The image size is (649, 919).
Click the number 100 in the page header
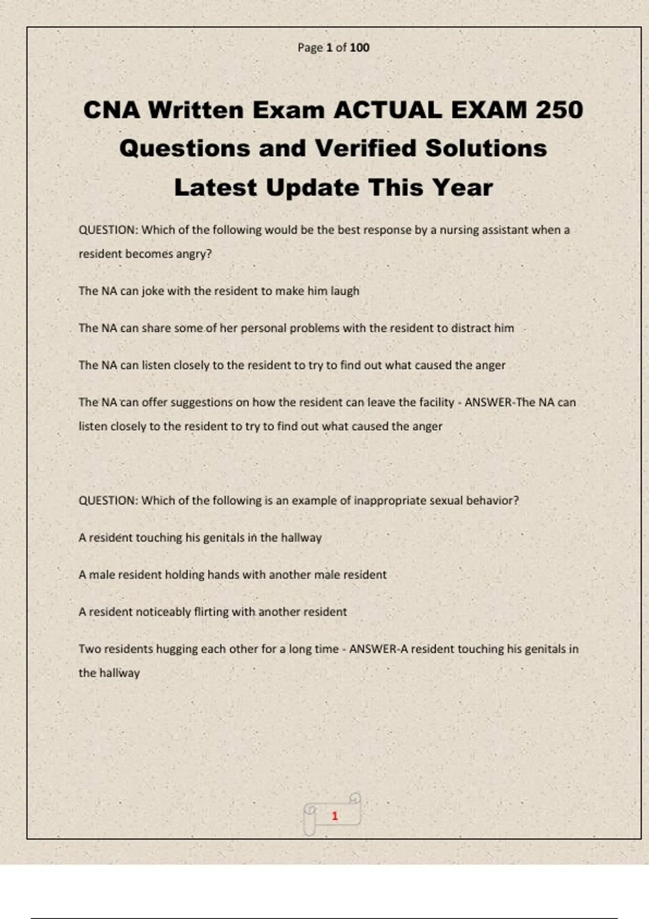coord(359,48)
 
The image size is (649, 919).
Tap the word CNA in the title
coord(111,110)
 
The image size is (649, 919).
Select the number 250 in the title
coord(559,110)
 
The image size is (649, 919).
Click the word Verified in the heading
coord(366,149)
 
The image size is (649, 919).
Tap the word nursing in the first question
coord(459,230)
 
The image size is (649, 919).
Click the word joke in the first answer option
coord(153,291)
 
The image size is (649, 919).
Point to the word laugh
coord(345,291)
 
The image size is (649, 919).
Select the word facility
coord(437,403)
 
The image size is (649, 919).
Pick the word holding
coord(184,575)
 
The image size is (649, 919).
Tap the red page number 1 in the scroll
coord(335,816)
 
